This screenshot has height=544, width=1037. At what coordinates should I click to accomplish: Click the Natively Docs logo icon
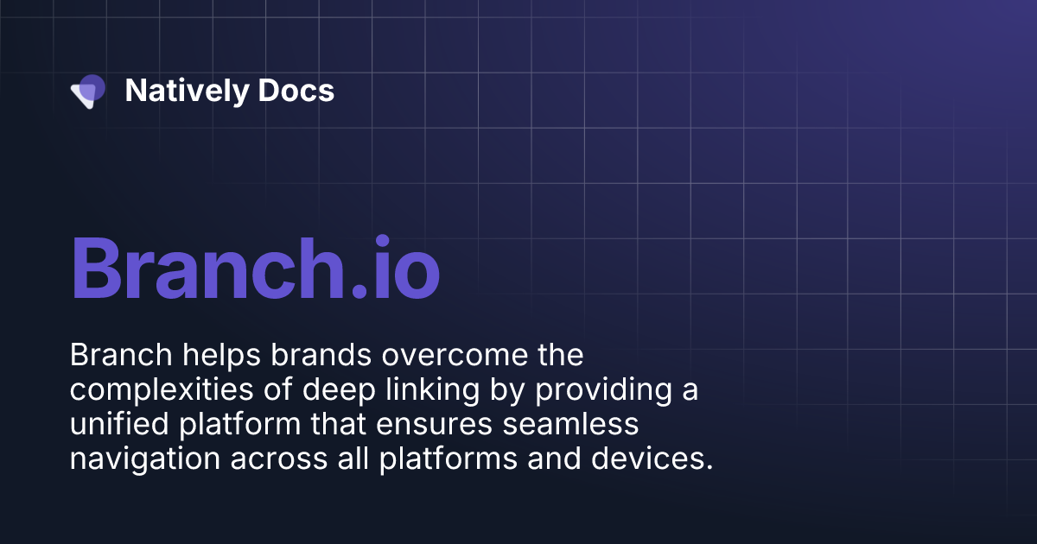(x=88, y=91)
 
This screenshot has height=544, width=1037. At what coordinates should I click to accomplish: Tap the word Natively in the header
(x=175, y=91)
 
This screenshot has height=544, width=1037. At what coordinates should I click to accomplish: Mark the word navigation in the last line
(x=144, y=459)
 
